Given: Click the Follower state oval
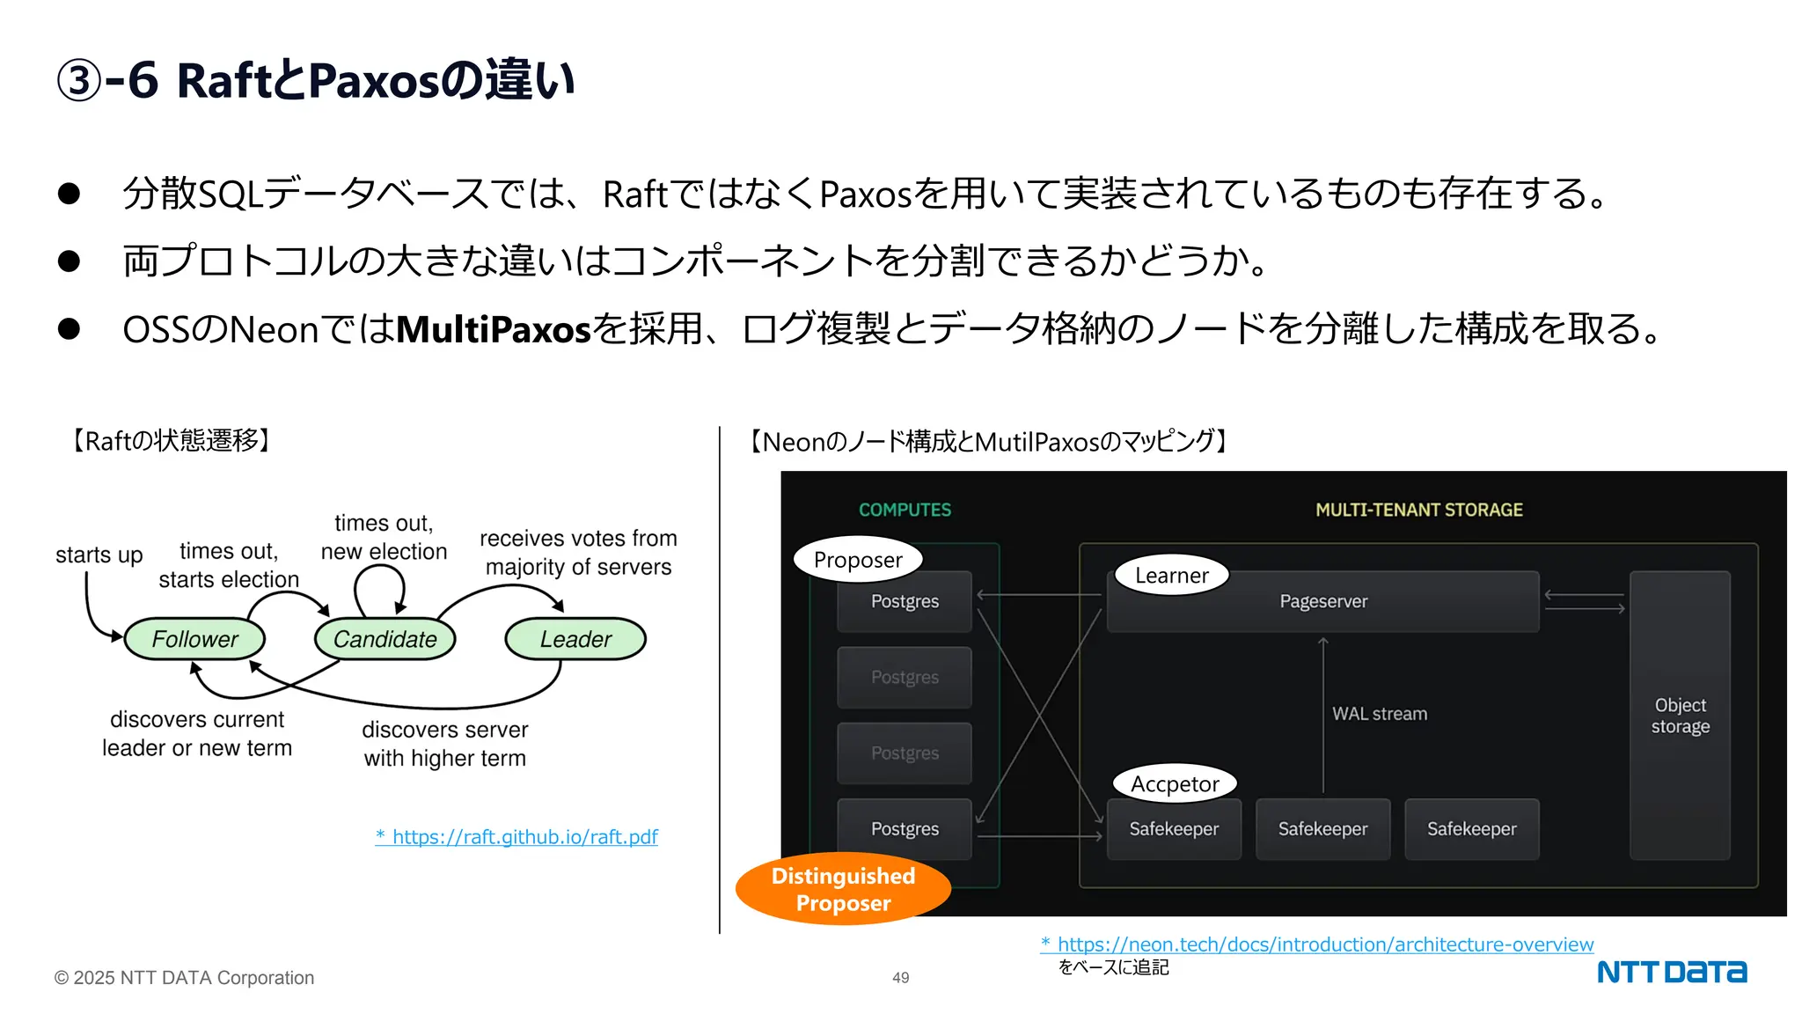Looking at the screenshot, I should point(194,639).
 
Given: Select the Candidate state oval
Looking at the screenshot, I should point(385,639).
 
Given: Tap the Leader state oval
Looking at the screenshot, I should point(575,639).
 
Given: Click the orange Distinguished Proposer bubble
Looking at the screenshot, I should point(843,889).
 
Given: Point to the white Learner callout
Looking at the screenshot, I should point(1171,576).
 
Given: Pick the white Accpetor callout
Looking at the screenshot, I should point(1175,783).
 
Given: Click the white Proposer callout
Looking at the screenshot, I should point(858,560).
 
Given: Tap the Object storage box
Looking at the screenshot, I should point(1680,716).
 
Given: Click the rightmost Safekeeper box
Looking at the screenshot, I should point(1471,829).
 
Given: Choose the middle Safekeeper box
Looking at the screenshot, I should point(1322,829).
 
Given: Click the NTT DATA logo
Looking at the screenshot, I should point(1671,972).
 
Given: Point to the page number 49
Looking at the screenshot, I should point(900,978).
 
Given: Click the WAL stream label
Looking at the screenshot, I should point(1379,714).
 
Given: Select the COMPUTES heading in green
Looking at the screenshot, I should point(905,510).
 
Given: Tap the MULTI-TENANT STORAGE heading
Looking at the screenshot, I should point(1418,510).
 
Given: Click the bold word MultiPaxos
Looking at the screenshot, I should point(494,330).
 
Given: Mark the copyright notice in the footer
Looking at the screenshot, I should point(184,978).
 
